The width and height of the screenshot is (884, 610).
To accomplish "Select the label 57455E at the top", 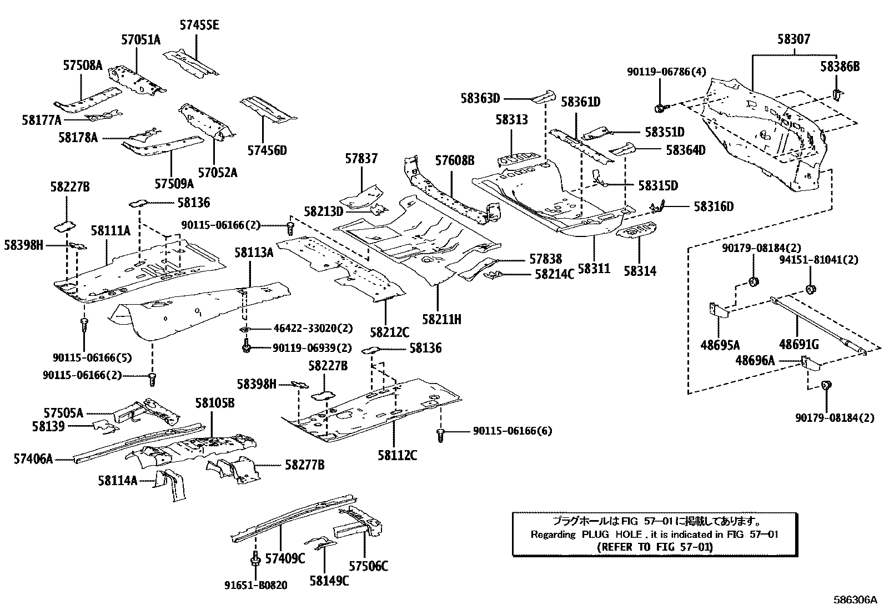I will pos(199,24).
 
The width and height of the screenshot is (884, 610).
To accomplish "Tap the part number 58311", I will pos(594,269).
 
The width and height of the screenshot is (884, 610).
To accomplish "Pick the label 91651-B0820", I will pos(256,586).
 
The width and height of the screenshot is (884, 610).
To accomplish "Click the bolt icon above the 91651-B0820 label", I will pos(255,558).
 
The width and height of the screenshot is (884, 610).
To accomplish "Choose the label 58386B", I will pos(840,67).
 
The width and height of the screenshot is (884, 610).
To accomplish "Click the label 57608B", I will pos(455,161).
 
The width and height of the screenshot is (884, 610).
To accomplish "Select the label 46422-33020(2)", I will pos(313,328).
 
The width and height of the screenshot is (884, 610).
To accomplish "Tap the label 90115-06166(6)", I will pos(513,431).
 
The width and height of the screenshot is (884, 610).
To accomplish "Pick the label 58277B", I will pos(305,465).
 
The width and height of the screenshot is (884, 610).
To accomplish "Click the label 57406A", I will pos(33,458).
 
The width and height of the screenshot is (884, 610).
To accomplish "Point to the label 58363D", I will pos(480,99).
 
